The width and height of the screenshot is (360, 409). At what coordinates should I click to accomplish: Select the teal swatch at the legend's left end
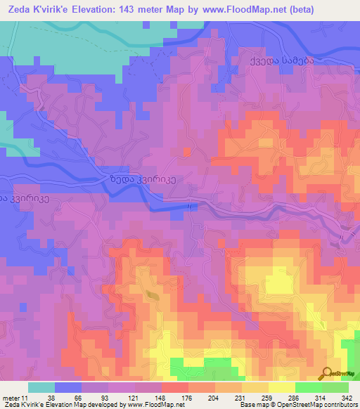[x=41, y=387]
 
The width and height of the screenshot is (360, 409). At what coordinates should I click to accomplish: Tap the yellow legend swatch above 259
[x=255, y=387]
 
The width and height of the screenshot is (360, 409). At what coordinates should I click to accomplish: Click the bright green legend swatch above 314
[x=308, y=387]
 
